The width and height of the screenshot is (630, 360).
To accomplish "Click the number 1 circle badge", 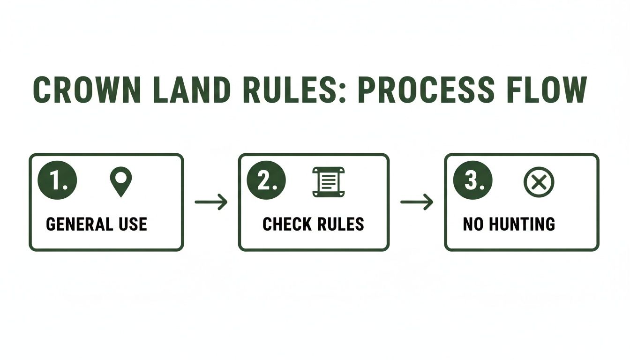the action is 57,180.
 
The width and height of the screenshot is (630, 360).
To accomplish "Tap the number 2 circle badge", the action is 266,180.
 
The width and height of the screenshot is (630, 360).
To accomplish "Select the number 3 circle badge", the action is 472,180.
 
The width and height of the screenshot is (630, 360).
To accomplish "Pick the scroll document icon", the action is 328,182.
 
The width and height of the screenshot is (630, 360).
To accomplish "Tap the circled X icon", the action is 539,182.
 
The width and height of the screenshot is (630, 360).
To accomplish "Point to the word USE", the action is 132,224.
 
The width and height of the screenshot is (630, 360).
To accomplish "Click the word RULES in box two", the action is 340,224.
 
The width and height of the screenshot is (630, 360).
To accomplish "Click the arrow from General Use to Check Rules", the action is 211,202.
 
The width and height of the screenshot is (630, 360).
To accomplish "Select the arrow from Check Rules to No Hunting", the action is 417,202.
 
